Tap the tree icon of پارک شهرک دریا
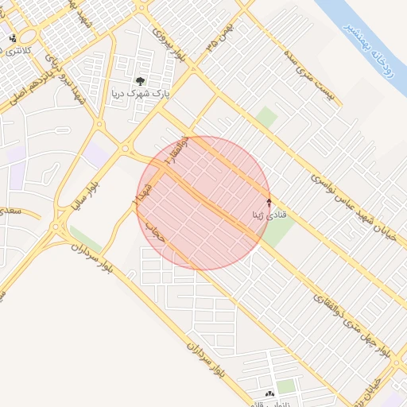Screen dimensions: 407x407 click(141, 80)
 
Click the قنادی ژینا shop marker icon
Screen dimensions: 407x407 click(269, 202)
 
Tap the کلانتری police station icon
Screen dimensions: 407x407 click(12, 37)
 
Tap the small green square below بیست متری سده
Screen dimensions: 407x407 click(266, 118)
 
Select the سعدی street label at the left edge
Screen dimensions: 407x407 click(10, 212)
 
